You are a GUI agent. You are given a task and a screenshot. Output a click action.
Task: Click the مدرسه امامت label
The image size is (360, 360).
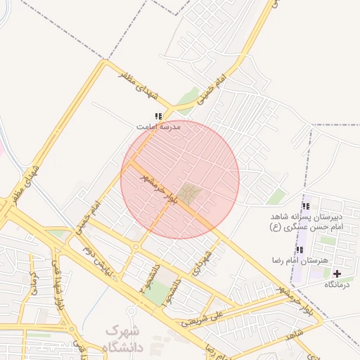point(158,127)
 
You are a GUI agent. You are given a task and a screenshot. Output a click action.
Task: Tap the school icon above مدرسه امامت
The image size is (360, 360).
point(158,116)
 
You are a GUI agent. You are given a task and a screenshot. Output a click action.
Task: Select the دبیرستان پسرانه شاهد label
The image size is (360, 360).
point(306,217)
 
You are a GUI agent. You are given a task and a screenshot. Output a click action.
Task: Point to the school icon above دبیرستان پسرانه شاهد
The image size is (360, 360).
point(305,206)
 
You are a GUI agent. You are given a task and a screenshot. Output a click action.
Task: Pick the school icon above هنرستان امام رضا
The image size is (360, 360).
point(300,250)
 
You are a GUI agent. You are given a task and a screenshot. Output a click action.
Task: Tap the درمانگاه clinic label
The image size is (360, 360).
point(337,285)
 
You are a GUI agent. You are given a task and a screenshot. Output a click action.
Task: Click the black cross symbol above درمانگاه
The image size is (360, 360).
point(337,274)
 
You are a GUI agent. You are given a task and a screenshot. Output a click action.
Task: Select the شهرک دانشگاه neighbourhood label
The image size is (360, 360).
point(125,338)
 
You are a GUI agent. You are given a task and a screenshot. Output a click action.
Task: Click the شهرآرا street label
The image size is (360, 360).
point(205,262)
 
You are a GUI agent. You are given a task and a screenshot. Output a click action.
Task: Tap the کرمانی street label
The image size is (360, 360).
point(32,281)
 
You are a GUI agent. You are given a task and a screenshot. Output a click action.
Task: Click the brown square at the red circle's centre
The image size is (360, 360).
point(188,193)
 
